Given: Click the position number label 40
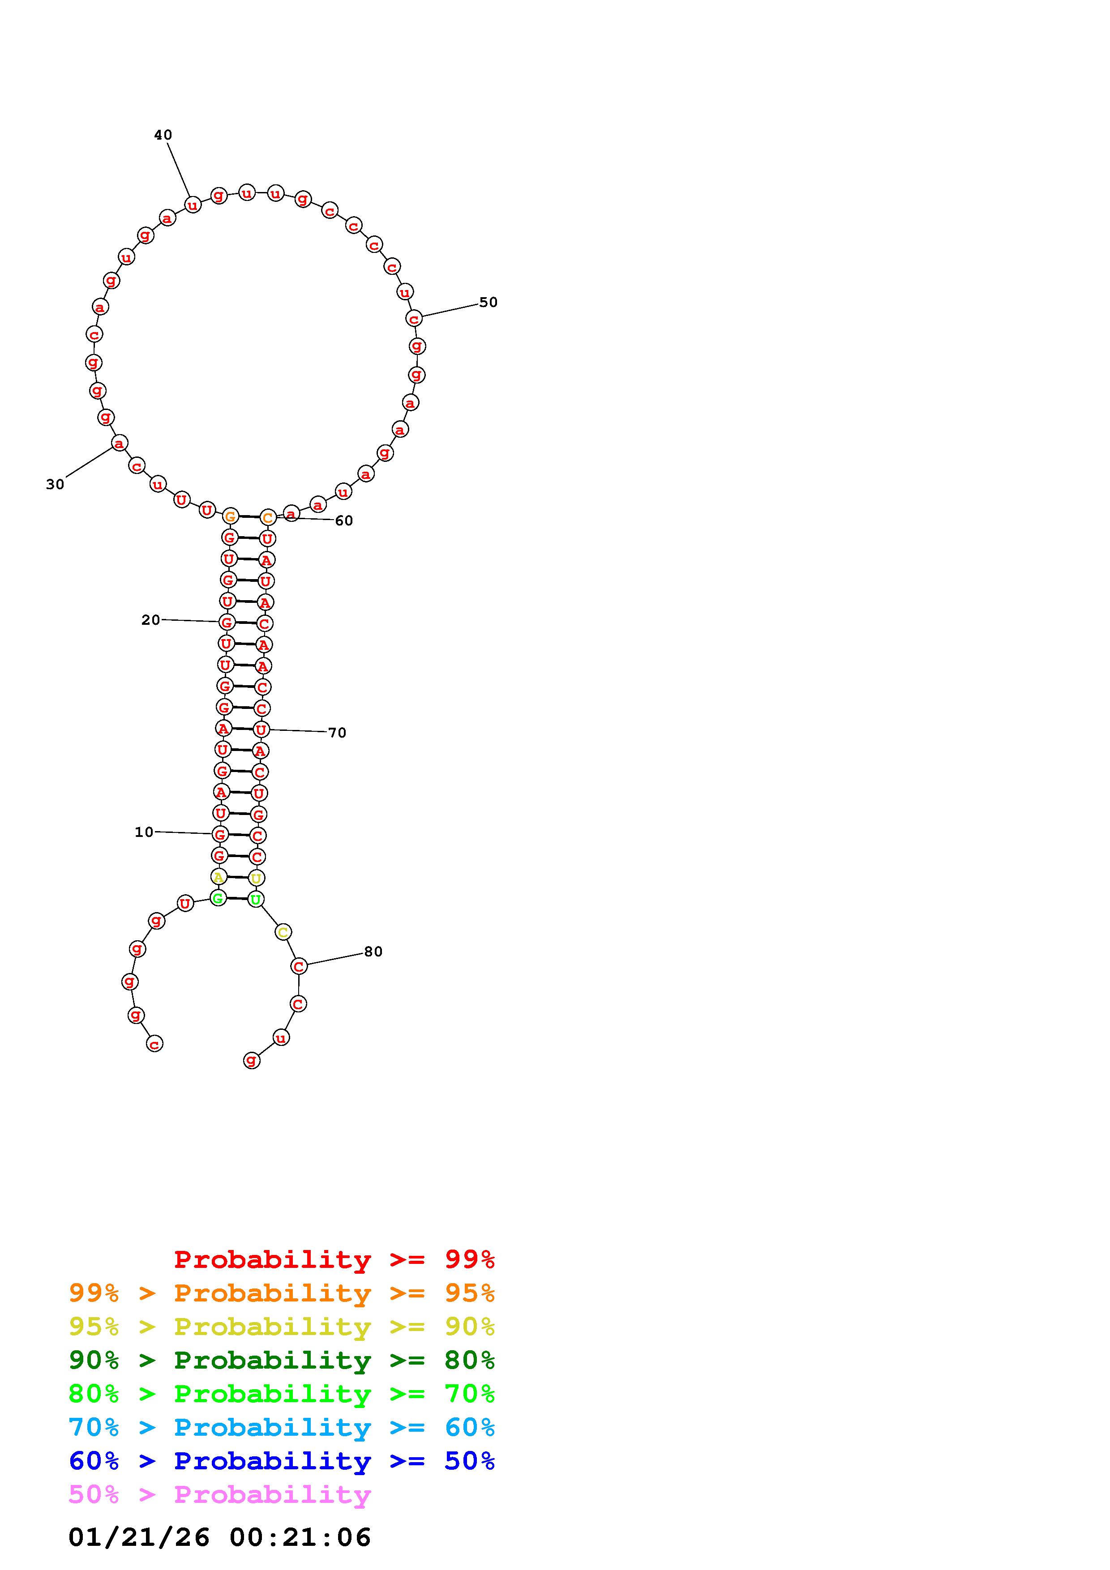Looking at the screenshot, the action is (163, 136).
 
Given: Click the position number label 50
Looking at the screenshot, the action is (489, 302).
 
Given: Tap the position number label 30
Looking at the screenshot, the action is (55, 484).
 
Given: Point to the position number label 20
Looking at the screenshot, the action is (150, 619).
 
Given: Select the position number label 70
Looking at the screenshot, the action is (337, 732).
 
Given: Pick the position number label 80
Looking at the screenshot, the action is (373, 951).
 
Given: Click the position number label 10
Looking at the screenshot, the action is (144, 832).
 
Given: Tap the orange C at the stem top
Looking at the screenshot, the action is (267, 518).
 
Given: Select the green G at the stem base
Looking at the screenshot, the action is (218, 898).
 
